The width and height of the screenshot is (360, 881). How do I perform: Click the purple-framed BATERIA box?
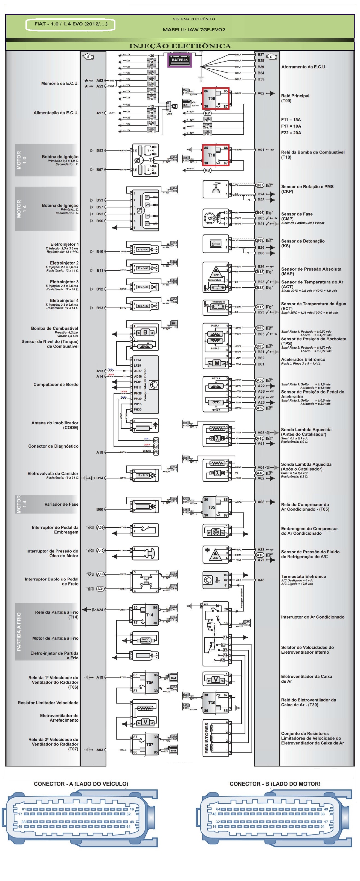tap(179, 60)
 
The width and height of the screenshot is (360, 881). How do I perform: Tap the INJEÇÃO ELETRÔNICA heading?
tap(180, 46)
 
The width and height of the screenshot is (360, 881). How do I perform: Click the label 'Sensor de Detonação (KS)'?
tap(303, 243)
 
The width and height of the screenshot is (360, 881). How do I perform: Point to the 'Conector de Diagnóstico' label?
tap(53, 446)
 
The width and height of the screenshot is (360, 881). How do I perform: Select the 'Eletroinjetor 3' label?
tap(64, 282)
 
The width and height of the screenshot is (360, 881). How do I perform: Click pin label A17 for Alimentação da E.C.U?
tap(100, 113)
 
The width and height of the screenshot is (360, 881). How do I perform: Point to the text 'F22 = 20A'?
tap(291, 133)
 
